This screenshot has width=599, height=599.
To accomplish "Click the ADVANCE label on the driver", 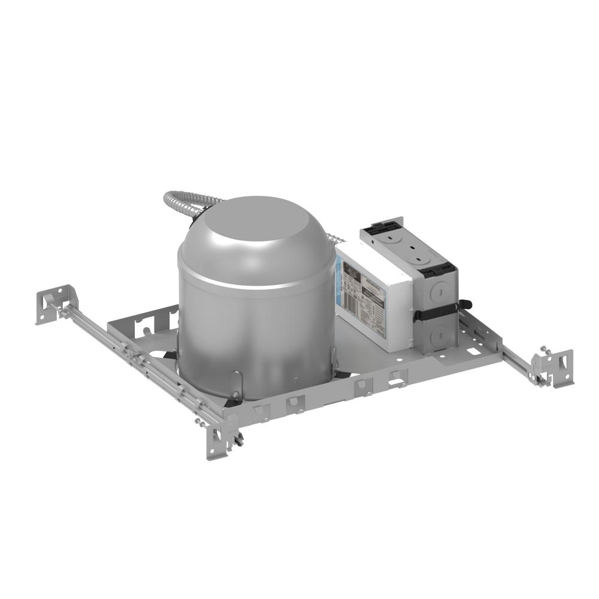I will coord(372,286).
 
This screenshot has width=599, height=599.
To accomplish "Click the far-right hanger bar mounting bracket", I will coord(554,365).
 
